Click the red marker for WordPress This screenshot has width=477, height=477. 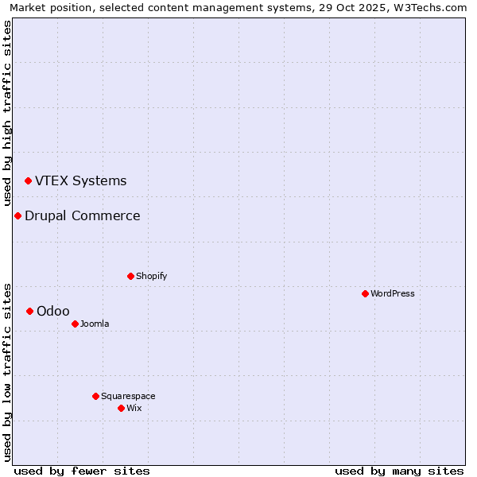(365, 293)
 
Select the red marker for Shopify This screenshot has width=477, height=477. (130, 276)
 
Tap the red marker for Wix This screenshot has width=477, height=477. (121, 408)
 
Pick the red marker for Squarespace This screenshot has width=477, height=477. (95, 396)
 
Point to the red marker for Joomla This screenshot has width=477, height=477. (75, 324)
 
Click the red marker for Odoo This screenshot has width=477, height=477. (29, 311)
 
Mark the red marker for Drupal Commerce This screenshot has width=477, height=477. (17, 215)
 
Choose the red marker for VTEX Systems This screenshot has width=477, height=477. (28, 180)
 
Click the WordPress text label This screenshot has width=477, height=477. (393, 293)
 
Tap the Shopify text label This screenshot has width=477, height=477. (151, 276)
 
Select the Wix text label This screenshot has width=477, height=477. (134, 408)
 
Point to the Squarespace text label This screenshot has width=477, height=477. (128, 396)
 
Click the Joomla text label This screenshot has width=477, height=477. (95, 324)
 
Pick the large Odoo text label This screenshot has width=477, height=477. (53, 311)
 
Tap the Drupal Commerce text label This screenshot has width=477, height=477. (83, 215)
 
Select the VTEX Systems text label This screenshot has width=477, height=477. (81, 180)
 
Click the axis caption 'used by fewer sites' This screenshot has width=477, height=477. (82, 471)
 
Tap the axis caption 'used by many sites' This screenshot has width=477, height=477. (399, 471)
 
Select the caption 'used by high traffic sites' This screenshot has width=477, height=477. (8, 112)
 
